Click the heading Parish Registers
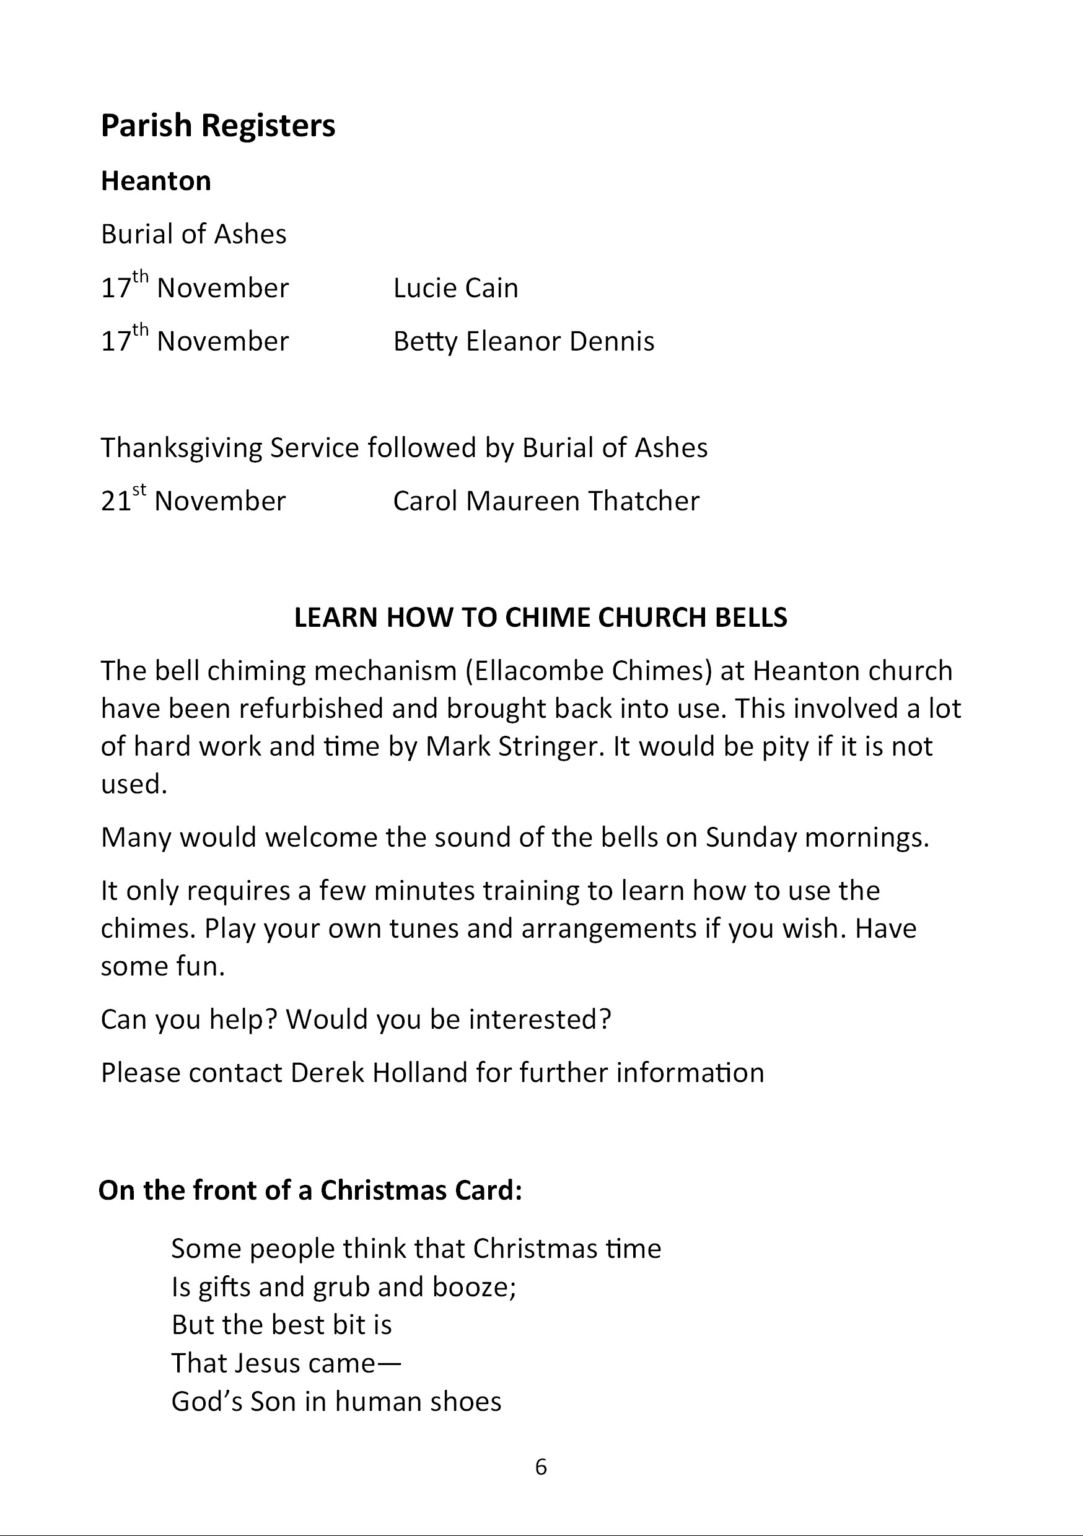click(217, 126)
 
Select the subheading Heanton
click(156, 181)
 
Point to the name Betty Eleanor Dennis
click(524, 341)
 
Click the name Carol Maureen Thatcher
click(545, 501)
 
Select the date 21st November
click(193, 500)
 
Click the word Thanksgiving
click(182, 448)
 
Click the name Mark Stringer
click(511, 746)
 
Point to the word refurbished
click(310, 709)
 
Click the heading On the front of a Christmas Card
click(310, 1191)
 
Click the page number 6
click(541, 1467)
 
